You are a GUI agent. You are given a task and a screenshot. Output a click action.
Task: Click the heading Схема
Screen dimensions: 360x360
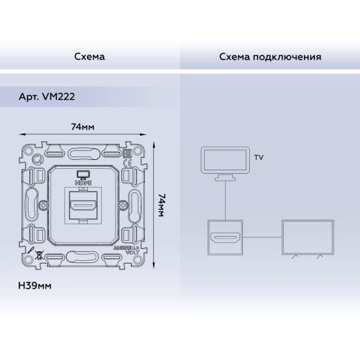pyautogui.click(x=89, y=55)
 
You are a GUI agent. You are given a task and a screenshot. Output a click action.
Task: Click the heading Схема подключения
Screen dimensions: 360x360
pyautogui.click(x=269, y=55)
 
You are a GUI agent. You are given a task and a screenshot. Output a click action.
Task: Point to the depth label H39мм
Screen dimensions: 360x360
pyautogui.click(x=36, y=285)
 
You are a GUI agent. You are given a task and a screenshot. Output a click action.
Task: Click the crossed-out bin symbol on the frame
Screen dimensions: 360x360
pyautogui.click(x=41, y=254)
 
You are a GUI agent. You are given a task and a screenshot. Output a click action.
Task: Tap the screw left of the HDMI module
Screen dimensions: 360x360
pyautogui.click(x=44, y=206)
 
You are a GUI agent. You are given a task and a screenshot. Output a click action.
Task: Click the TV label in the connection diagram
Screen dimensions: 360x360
pyautogui.click(x=259, y=158)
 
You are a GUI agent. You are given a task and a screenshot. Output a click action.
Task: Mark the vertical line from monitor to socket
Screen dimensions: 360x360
pyautogui.click(x=224, y=200)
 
